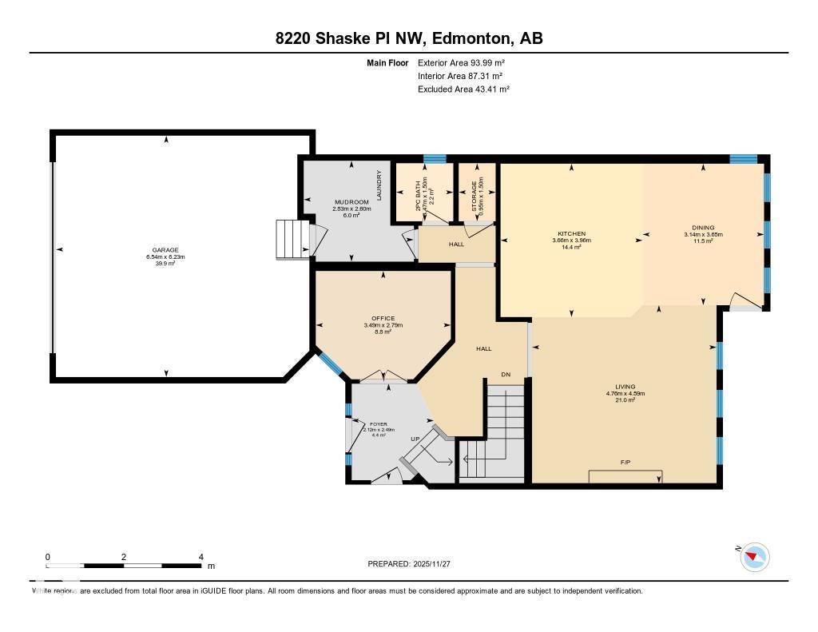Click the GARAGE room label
tap(166, 249)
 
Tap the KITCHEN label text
tap(571, 233)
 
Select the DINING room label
tap(703, 228)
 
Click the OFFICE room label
tap(383, 319)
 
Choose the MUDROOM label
tap(351, 202)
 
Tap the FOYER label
tap(378, 423)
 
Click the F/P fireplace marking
tap(625, 463)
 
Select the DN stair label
tap(506, 374)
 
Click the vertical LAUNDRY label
tap(379, 185)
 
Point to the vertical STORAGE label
tap(475, 195)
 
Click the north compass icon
tap(754, 557)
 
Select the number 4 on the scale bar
tap(201, 557)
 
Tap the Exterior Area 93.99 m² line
tap(461, 62)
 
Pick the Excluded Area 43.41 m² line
tap(463, 89)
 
